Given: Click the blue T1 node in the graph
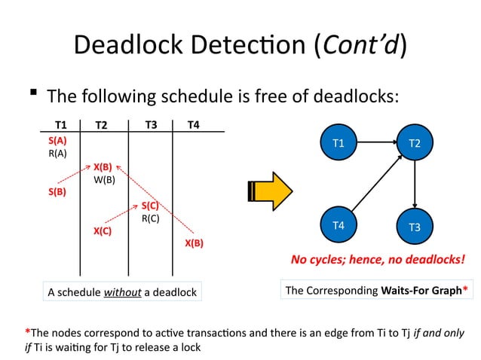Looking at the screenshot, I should (x=339, y=142).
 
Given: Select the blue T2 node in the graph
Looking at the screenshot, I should (x=415, y=142).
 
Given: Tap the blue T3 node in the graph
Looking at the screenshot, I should (x=415, y=226).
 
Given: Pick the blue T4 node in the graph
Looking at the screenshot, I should (x=339, y=225).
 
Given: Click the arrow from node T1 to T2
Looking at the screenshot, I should (x=376, y=142).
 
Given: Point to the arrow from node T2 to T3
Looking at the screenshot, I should (x=415, y=185).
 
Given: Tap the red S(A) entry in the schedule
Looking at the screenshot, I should (x=57, y=140).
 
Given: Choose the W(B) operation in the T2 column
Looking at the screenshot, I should (x=104, y=179).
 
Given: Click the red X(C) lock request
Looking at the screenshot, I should (x=103, y=231).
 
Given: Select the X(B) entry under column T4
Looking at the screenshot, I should (x=194, y=243).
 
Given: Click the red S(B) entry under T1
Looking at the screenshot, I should (x=57, y=192).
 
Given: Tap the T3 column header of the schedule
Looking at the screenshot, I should (x=151, y=125).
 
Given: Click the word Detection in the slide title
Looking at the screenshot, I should (x=208, y=46).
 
